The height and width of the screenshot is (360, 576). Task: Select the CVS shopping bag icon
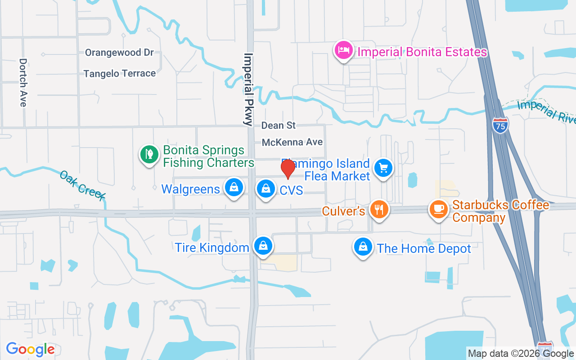click(266, 188)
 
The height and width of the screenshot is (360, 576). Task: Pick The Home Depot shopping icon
click(363, 247)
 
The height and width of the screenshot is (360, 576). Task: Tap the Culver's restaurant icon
click(379, 209)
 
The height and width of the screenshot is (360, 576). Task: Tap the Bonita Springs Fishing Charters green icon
click(149, 154)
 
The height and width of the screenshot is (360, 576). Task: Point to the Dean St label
click(279, 126)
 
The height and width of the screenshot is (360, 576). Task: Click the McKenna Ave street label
click(292, 142)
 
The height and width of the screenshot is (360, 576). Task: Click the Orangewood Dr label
click(120, 53)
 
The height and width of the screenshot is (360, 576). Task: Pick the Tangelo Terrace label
click(120, 73)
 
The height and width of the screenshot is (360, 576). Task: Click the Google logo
click(30, 349)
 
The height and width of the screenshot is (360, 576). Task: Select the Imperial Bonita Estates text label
click(422, 52)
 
